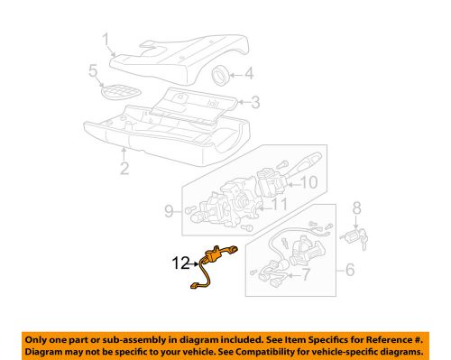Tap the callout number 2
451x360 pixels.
125,167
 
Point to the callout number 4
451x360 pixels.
248,75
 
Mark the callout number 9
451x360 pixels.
169,213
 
